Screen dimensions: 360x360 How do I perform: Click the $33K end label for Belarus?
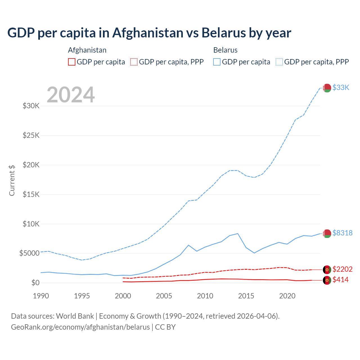pyautogui.click(x=341, y=88)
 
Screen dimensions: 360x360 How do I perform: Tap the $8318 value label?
pyautogui.click(x=342, y=233)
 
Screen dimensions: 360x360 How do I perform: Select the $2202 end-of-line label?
pyautogui.click(x=342, y=269)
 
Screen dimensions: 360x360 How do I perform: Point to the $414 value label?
pyautogui.click(x=340, y=280)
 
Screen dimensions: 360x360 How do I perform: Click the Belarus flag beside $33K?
pyautogui.click(x=327, y=88)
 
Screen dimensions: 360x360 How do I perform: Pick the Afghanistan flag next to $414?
pyautogui.click(x=327, y=280)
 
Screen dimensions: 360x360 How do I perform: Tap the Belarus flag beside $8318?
pyautogui.click(x=327, y=233)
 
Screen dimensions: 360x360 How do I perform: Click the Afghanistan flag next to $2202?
pyautogui.click(x=327, y=270)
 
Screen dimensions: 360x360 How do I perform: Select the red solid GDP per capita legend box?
pyautogui.click(x=72, y=62)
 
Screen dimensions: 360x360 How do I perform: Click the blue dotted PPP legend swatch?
pyautogui.click(x=279, y=62)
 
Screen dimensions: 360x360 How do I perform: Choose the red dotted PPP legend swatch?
pyautogui.click(x=134, y=62)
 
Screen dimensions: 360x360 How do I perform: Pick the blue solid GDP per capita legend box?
pyautogui.click(x=217, y=62)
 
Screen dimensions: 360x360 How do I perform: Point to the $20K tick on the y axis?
pyautogui.click(x=31, y=165)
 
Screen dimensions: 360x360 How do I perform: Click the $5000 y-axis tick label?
pyautogui.click(x=29, y=253)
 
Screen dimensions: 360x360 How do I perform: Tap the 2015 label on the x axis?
pyautogui.click(x=246, y=296)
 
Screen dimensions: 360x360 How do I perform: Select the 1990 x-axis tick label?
pyautogui.click(x=41, y=296)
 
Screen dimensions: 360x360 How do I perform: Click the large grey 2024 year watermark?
pyautogui.click(x=71, y=95)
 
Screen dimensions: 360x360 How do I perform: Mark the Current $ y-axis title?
pyautogui.click(x=12, y=180)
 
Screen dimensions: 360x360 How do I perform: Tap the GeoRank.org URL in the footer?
pyautogui.click(x=80, y=327)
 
